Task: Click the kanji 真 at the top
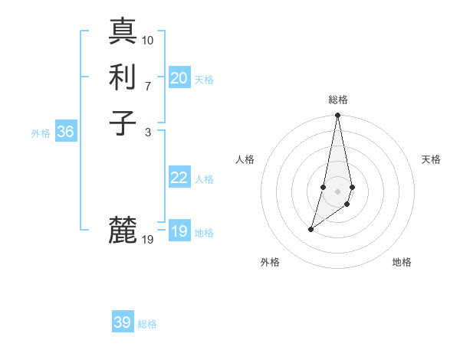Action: pyautogui.click(x=123, y=31)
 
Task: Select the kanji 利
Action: pyautogui.click(x=123, y=77)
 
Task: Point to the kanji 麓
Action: pyautogui.click(x=123, y=230)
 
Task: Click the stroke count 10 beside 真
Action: pyautogui.click(x=148, y=41)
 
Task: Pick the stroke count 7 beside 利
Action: pyautogui.click(x=148, y=86)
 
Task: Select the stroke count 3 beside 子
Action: pyautogui.click(x=148, y=132)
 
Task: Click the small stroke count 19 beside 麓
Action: pyautogui.click(x=148, y=240)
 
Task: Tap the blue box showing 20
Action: pyautogui.click(x=179, y=78)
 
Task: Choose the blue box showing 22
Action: pyautogui.click(x=179, y=178)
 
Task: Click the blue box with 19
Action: pyautogui.click(x=179, y=231)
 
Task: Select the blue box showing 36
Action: pyautogui.click(x=66, y=132)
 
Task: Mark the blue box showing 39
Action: pyautogui.click(x=123, y=322)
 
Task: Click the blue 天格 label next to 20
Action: pyautogui.click(x=204, y=80)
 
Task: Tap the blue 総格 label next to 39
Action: pyautogui.click(x=147, y=324)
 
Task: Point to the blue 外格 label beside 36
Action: pyautogui.click(x=41, y=133)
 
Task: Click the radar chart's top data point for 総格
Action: pyautogui.click(x=337, y=116)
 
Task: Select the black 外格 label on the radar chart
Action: pyautogui.click(x=270, y=263)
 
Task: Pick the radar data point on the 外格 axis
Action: pyautogui.click(x=311, y=229)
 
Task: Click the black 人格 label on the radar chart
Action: pyautogui.click(x=245, y=159)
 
